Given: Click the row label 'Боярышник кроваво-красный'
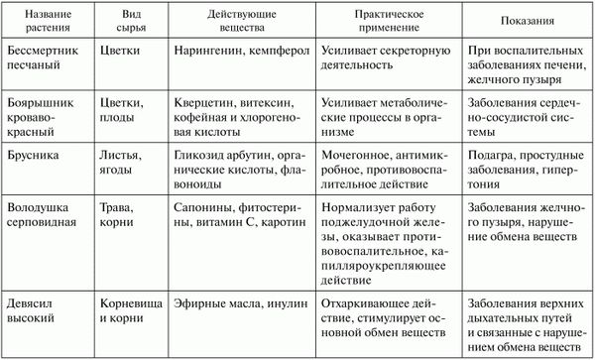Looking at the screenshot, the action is [x=45, y=114].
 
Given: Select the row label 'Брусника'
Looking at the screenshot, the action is [x=31, y=155].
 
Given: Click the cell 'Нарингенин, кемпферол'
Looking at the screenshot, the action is [x=233, y=49].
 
